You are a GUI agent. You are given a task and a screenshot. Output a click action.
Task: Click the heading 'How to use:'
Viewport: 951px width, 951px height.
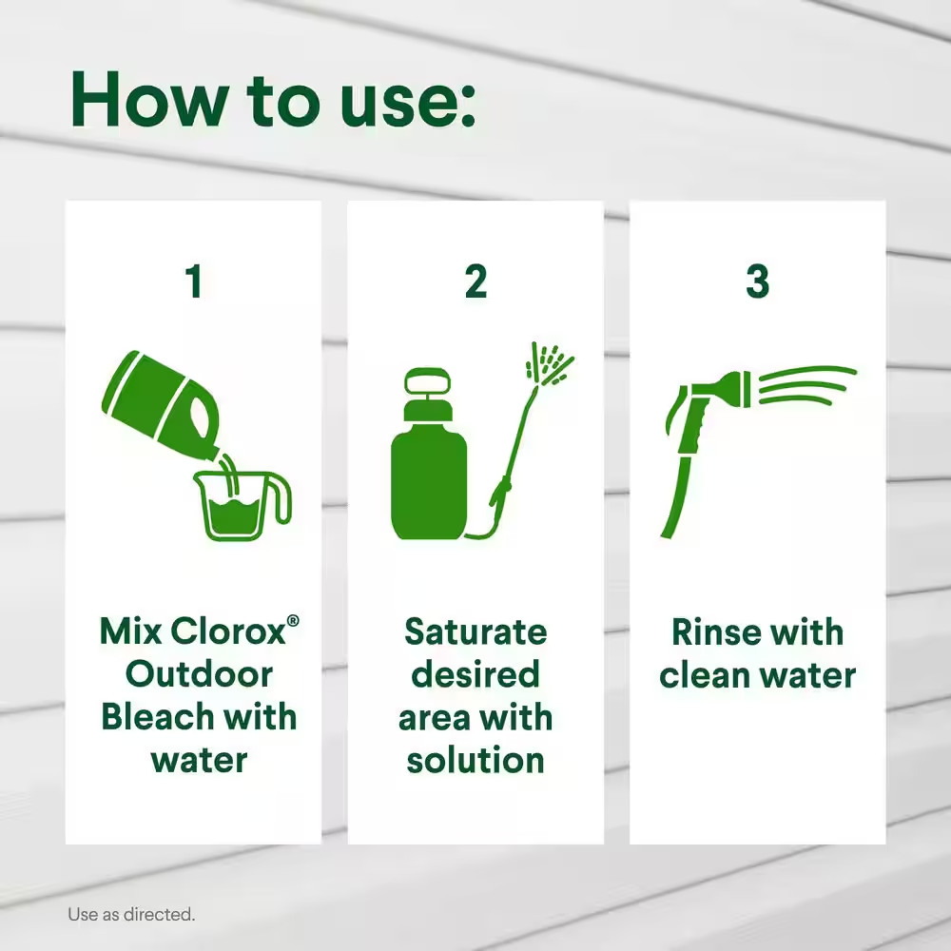tap(272, 100)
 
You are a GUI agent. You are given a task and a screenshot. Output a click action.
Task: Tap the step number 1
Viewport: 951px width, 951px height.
tap(194, 281)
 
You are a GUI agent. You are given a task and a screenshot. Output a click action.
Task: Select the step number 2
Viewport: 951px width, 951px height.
tap(475, 281)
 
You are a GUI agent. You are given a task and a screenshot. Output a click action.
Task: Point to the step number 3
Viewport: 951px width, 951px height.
tap(758, 281)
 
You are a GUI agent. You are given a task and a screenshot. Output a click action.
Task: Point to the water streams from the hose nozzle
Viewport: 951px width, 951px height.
tap(806, 384)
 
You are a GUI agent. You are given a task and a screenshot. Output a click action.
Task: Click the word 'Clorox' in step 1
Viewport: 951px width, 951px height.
tap(228, 632)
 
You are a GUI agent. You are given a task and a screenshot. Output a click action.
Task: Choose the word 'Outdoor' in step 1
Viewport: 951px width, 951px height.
tap(199, 674)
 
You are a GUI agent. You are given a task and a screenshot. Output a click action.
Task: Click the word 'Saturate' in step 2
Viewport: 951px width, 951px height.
tap(475, 632)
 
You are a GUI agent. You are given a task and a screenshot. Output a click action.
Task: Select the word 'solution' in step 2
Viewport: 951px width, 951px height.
tap(475, 760)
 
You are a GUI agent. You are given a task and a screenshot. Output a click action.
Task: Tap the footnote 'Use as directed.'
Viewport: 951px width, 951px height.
tap(131, 914)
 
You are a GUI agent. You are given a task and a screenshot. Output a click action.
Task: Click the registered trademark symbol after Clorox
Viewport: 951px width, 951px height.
tap(293, 620)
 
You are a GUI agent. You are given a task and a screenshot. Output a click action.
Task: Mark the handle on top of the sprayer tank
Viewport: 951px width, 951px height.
tap(428, 382)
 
